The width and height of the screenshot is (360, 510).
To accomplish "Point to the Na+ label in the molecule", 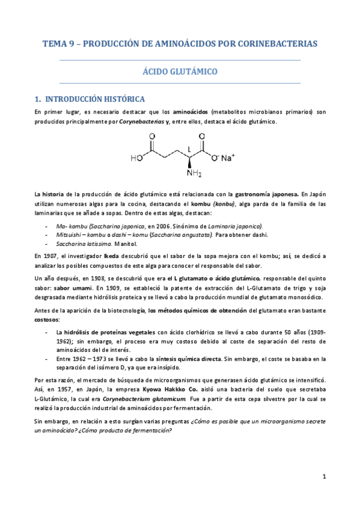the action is [227, 158].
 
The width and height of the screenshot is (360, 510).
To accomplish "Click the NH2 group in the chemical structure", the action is [194, 173].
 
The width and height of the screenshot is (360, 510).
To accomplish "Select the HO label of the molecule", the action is [136, 159].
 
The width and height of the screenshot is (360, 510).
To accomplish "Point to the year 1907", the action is [52, 256].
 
